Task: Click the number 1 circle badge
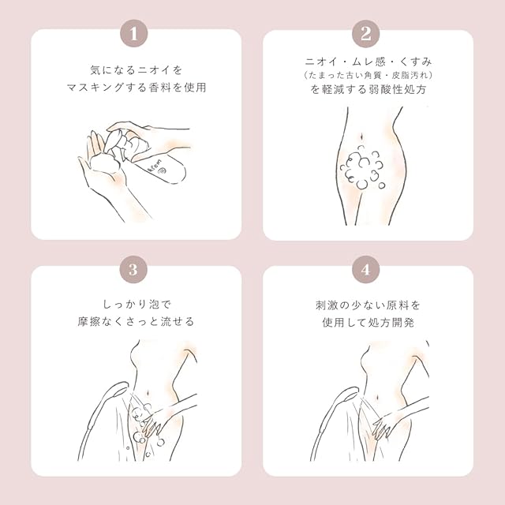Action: pos(133,33)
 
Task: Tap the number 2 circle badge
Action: pos(365,33)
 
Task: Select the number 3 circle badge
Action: pos(133,270)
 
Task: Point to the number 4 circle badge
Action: pos(365,270)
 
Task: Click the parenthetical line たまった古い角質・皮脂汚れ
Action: pos(368,76)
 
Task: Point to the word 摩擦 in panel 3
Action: pos(89,321)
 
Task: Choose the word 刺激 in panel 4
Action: pos(327,305)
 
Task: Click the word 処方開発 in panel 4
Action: pos(391,323)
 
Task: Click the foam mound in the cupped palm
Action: pos(105,163)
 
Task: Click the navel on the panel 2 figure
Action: pos(362,137)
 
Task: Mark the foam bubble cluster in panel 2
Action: pos(362,168)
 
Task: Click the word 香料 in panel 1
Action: pos(160,88)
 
